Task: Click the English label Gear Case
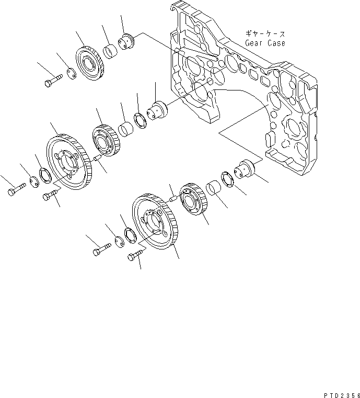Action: pyautogui.click(x=265, y=43)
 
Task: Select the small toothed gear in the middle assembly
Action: pyautogui.click(x=107, y=139)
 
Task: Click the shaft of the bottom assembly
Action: pyautogui.click(x=245, y=168)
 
